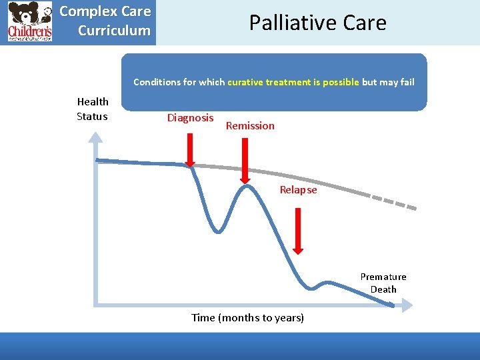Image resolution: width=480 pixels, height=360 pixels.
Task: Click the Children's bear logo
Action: [x=30, y=22]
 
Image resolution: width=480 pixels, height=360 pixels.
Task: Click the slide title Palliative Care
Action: [x=317, y=23]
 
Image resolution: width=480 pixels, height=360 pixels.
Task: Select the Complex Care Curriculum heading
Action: [x=105, y=21]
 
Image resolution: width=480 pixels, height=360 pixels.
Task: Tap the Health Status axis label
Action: [x=93, y=109]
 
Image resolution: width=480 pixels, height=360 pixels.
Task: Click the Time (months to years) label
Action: [x=247, y=317]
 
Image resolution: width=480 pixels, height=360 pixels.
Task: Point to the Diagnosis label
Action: [x=190, y=118]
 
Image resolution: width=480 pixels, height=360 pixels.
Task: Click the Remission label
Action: [x=250, y=125]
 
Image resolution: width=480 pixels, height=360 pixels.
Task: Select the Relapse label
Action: [x=298, y=190]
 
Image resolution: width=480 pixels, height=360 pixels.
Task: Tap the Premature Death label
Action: [x=383, y=283]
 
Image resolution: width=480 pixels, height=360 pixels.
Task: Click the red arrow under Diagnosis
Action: [x=190, y=151]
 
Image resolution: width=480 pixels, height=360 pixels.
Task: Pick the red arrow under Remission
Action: [x=245, y=159]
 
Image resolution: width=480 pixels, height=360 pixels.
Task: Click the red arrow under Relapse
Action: [x=298, y=231]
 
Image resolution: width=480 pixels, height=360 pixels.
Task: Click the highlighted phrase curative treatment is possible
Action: [x=293, y=82]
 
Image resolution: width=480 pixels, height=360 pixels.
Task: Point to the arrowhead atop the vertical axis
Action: [x=97, y=138]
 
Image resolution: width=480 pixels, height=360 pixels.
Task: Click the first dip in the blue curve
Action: [x=218, y=231]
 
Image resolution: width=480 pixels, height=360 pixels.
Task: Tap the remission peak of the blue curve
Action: [x=247, y=186]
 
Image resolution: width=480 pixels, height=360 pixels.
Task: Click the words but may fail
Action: [x=388, y=82]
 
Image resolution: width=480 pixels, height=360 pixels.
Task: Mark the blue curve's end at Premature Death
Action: [x=391, y=305]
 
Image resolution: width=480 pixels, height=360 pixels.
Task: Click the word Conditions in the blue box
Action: [x=157, y=82]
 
